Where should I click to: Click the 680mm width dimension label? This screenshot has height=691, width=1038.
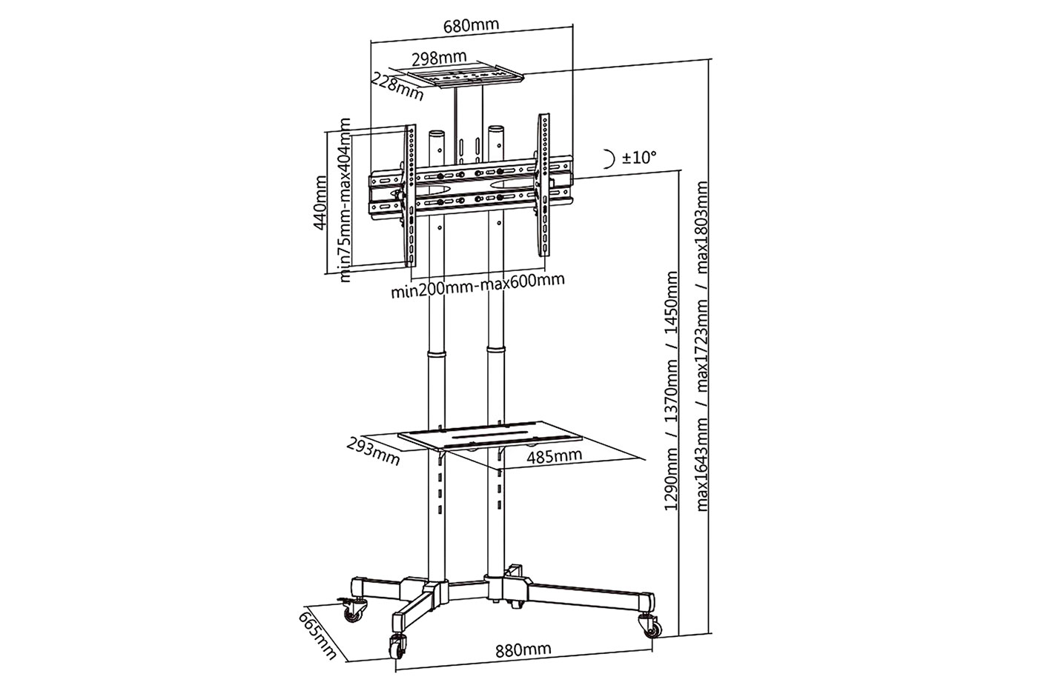tap(471, 24)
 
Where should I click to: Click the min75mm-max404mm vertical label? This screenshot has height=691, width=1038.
tap(346, 201)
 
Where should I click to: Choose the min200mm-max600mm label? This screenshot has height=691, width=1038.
tap(478, 283)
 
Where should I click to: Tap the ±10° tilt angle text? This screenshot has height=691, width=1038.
tap(640, 157)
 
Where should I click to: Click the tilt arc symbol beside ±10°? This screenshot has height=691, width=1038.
tap(609, 158)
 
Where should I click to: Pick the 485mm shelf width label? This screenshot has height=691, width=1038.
tap(554, 455)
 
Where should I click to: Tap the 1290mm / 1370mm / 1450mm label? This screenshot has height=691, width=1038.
tap(672, 391)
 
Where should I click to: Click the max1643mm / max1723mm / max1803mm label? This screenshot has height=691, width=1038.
tap(703, 347)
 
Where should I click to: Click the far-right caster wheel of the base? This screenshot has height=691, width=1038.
tap(653, 627)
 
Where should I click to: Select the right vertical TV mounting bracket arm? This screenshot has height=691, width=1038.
tap(545, 191)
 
